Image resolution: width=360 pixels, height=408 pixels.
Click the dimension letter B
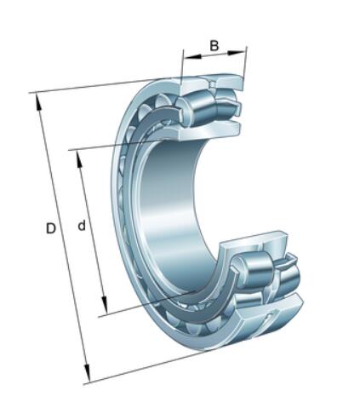(214, 45)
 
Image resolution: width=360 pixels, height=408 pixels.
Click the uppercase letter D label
(51, 228)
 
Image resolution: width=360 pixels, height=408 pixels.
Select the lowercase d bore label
(82, 226)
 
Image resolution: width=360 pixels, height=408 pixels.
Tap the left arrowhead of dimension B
(192, 56)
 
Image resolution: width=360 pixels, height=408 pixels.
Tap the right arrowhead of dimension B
(236, 53)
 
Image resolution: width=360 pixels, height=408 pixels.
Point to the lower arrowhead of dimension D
(87, 373)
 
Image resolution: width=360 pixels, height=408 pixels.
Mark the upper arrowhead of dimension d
(80, 159)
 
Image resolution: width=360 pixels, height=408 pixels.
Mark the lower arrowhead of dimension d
(105, 305)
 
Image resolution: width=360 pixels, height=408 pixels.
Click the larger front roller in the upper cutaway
(197, 109)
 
